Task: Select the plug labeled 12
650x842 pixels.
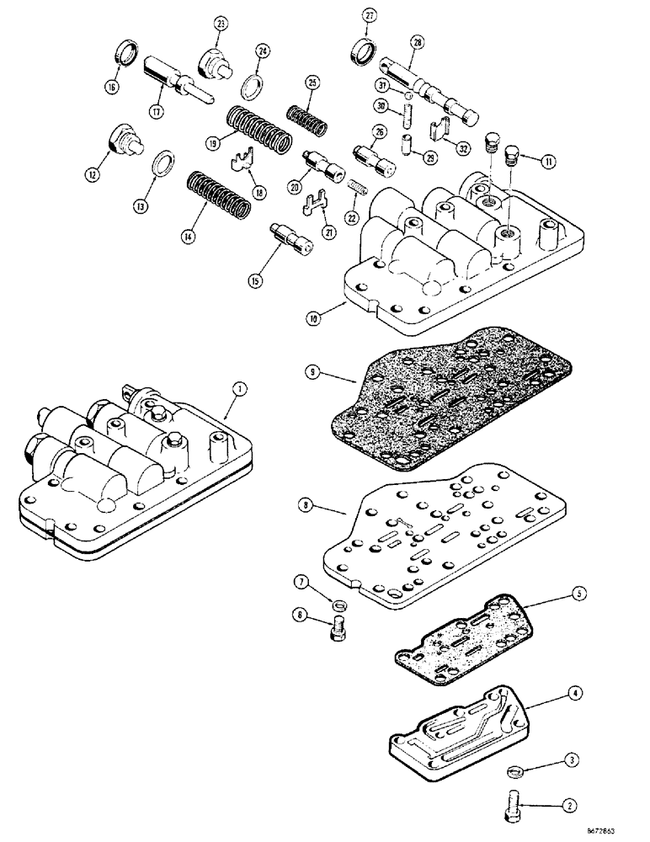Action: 124,141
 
